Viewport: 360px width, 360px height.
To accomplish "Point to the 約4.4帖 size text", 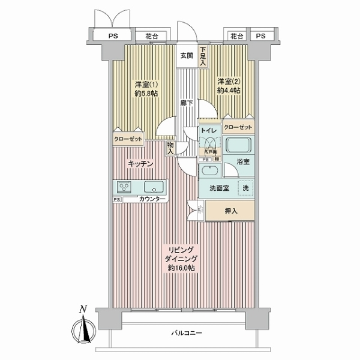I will click(229, 91).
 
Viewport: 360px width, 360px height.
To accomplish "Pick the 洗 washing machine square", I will click(245, 187).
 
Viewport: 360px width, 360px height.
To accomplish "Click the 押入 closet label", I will click(231, 211).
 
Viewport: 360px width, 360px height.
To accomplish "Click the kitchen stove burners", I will click(125, 185).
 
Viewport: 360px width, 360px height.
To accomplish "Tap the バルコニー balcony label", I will click(187, 333).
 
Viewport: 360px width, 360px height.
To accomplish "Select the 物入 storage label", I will click(171, 148).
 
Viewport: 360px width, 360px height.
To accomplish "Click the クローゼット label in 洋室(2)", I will click(238, 127).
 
